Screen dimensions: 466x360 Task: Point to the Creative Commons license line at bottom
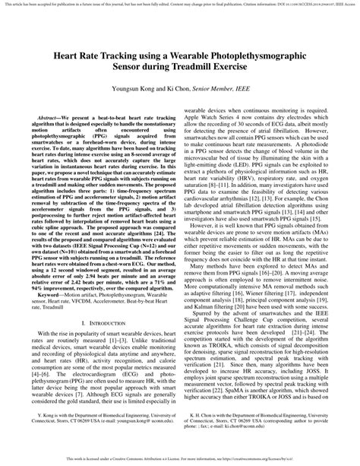pyautogui.click(x=180, y=461)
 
